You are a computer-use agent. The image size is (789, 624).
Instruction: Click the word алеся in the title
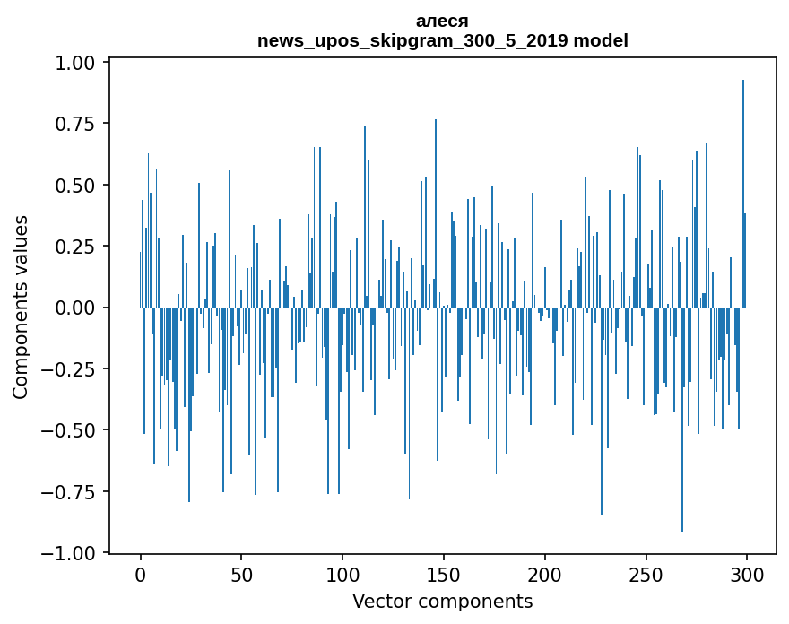tap(442, 21)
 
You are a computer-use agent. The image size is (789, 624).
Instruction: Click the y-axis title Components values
tap(21, 307)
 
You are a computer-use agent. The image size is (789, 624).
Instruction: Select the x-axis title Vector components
tap(442, 602)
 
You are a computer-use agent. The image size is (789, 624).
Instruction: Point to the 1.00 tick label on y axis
tap(76, 63)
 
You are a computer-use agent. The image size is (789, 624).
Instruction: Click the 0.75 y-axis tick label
tap(76, 124)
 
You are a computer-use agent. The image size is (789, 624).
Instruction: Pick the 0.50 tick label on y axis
tap(76, 186)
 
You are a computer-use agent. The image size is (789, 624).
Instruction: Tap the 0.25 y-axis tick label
tap(76, 247)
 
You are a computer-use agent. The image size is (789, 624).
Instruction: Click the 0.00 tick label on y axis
tap(76, 308)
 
